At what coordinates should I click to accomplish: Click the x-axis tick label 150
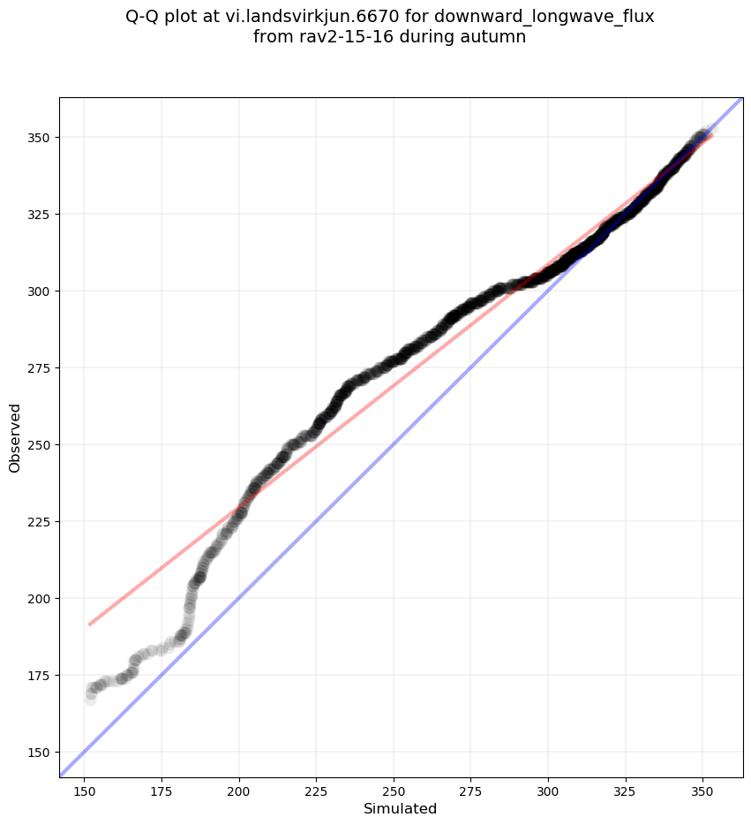click(x=85, y=790)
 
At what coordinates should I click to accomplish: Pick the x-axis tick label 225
click(x=317, y=790)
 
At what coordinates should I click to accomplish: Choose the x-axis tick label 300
click(x=548, y=790)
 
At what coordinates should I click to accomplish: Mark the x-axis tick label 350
click(x=702, y=790)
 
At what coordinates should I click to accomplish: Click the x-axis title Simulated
click(x=401, y=808)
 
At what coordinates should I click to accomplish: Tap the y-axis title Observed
click(x=15, y=437)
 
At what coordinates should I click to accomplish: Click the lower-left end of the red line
click(x=89, y=624)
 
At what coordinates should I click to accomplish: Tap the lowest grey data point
click(x=90, y=699)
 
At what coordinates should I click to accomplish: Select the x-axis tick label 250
click(x=394, y=790)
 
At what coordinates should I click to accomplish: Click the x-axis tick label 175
click(x=162, y=790)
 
